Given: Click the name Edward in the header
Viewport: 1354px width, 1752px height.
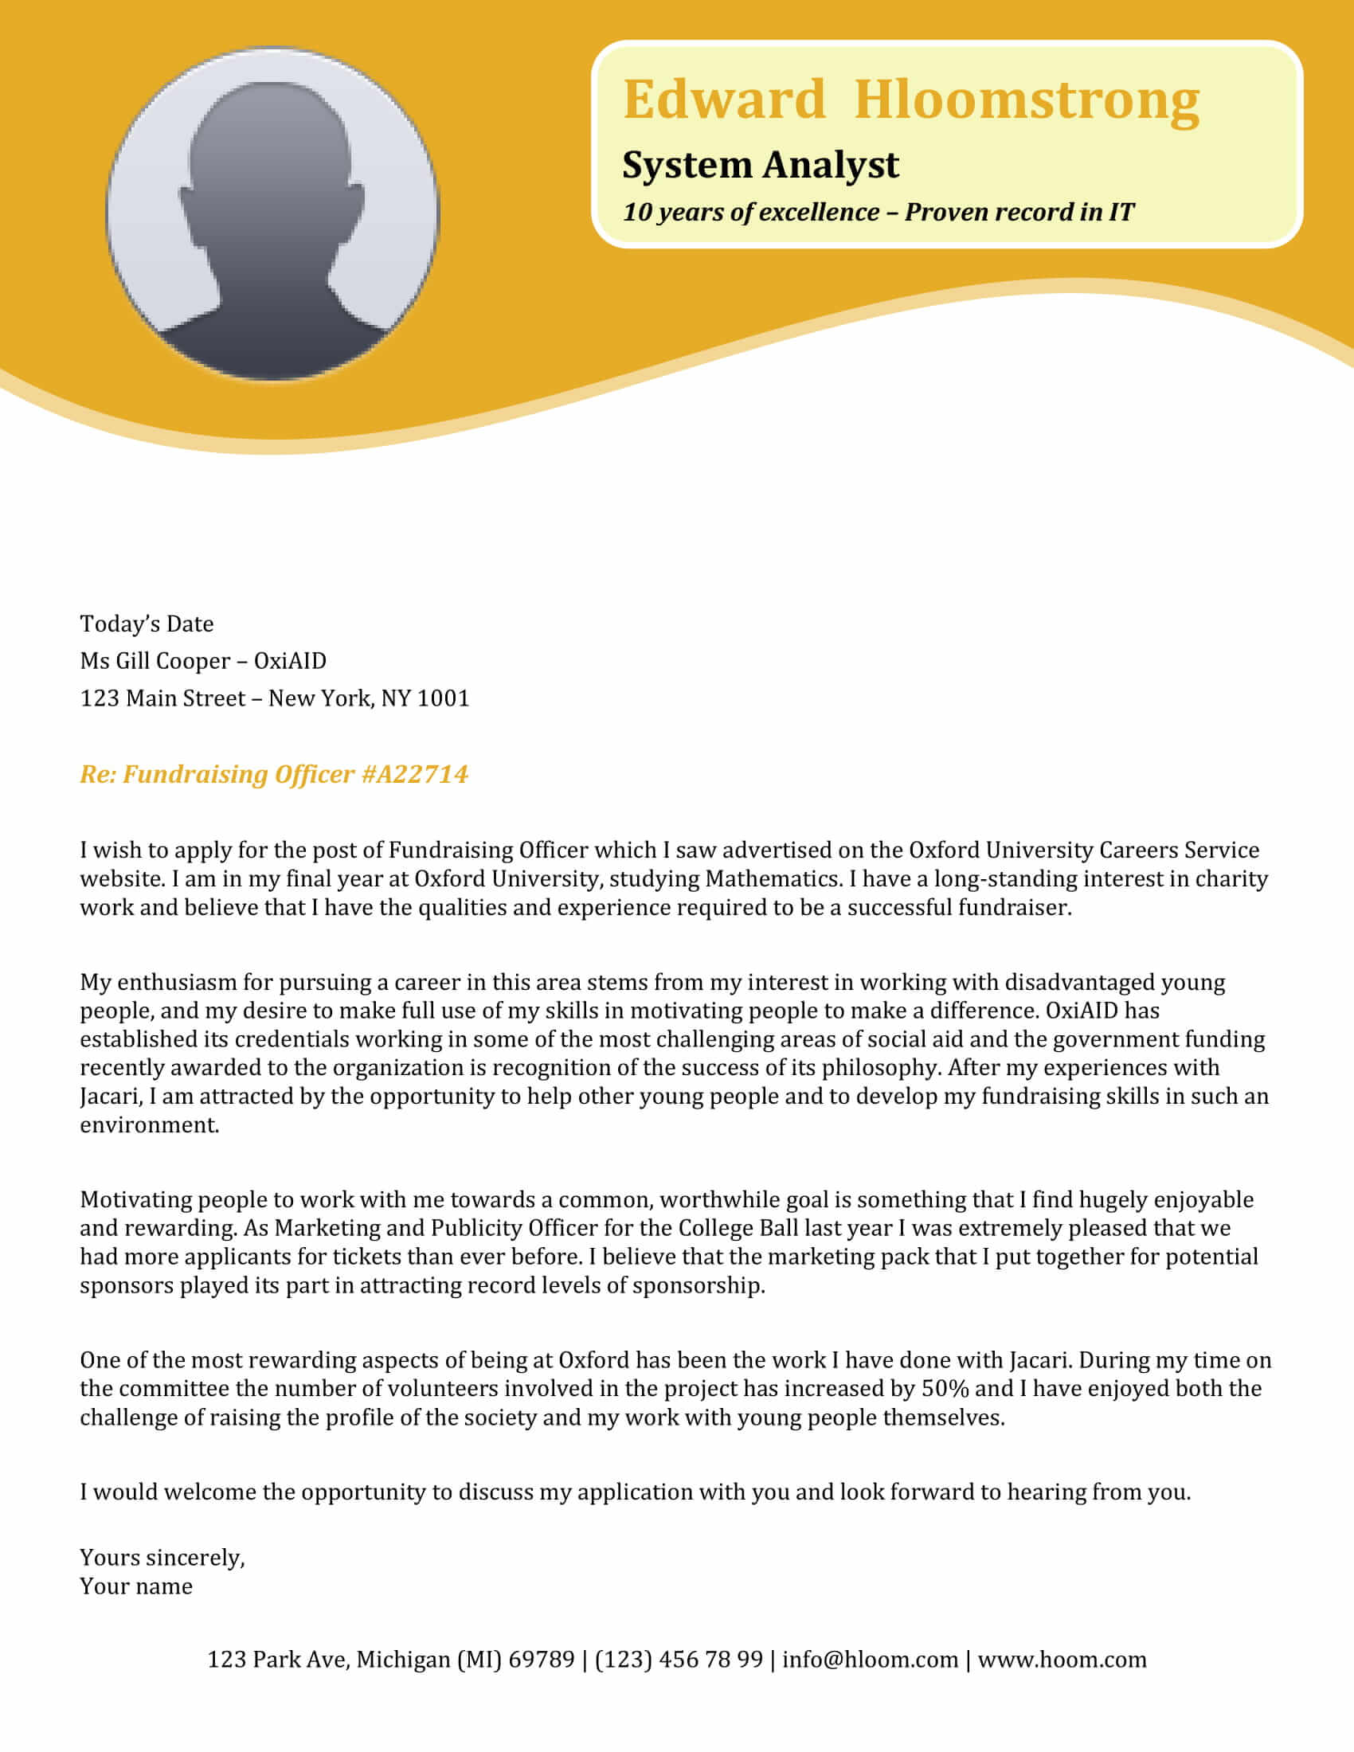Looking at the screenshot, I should coord(723,100).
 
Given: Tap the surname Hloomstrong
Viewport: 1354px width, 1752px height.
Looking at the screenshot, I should coord(1026,100).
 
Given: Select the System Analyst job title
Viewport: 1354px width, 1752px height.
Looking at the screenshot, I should coord(760,166).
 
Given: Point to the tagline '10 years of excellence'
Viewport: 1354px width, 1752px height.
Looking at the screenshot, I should coord(751,212).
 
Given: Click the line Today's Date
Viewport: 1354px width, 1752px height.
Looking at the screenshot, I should coord(147,624).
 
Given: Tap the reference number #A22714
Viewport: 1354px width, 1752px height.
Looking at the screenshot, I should coord(415,774).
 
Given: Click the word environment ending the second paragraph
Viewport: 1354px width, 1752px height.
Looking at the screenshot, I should coord(149,1124).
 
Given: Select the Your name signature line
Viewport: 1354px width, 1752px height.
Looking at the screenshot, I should coord(136,1586).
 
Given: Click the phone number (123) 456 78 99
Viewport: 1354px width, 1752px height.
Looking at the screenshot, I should coord(679,1659).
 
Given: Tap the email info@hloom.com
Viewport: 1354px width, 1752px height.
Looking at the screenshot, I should coord(870,1659).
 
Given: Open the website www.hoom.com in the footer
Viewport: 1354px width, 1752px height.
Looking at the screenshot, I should coord(1062,1659).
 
